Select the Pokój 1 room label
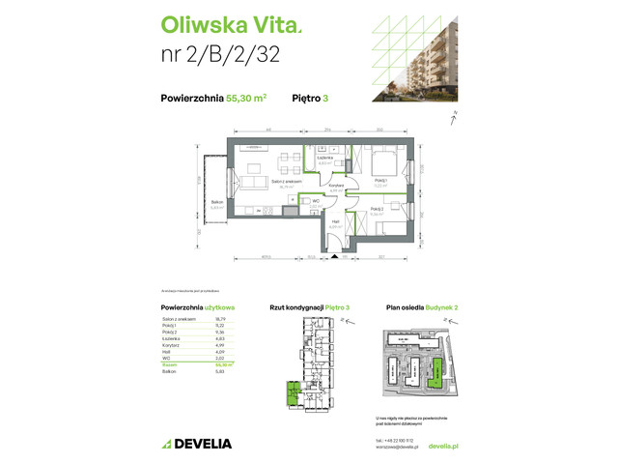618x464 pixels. (x=380, y=182)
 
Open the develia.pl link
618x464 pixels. (x=442, y=447)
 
